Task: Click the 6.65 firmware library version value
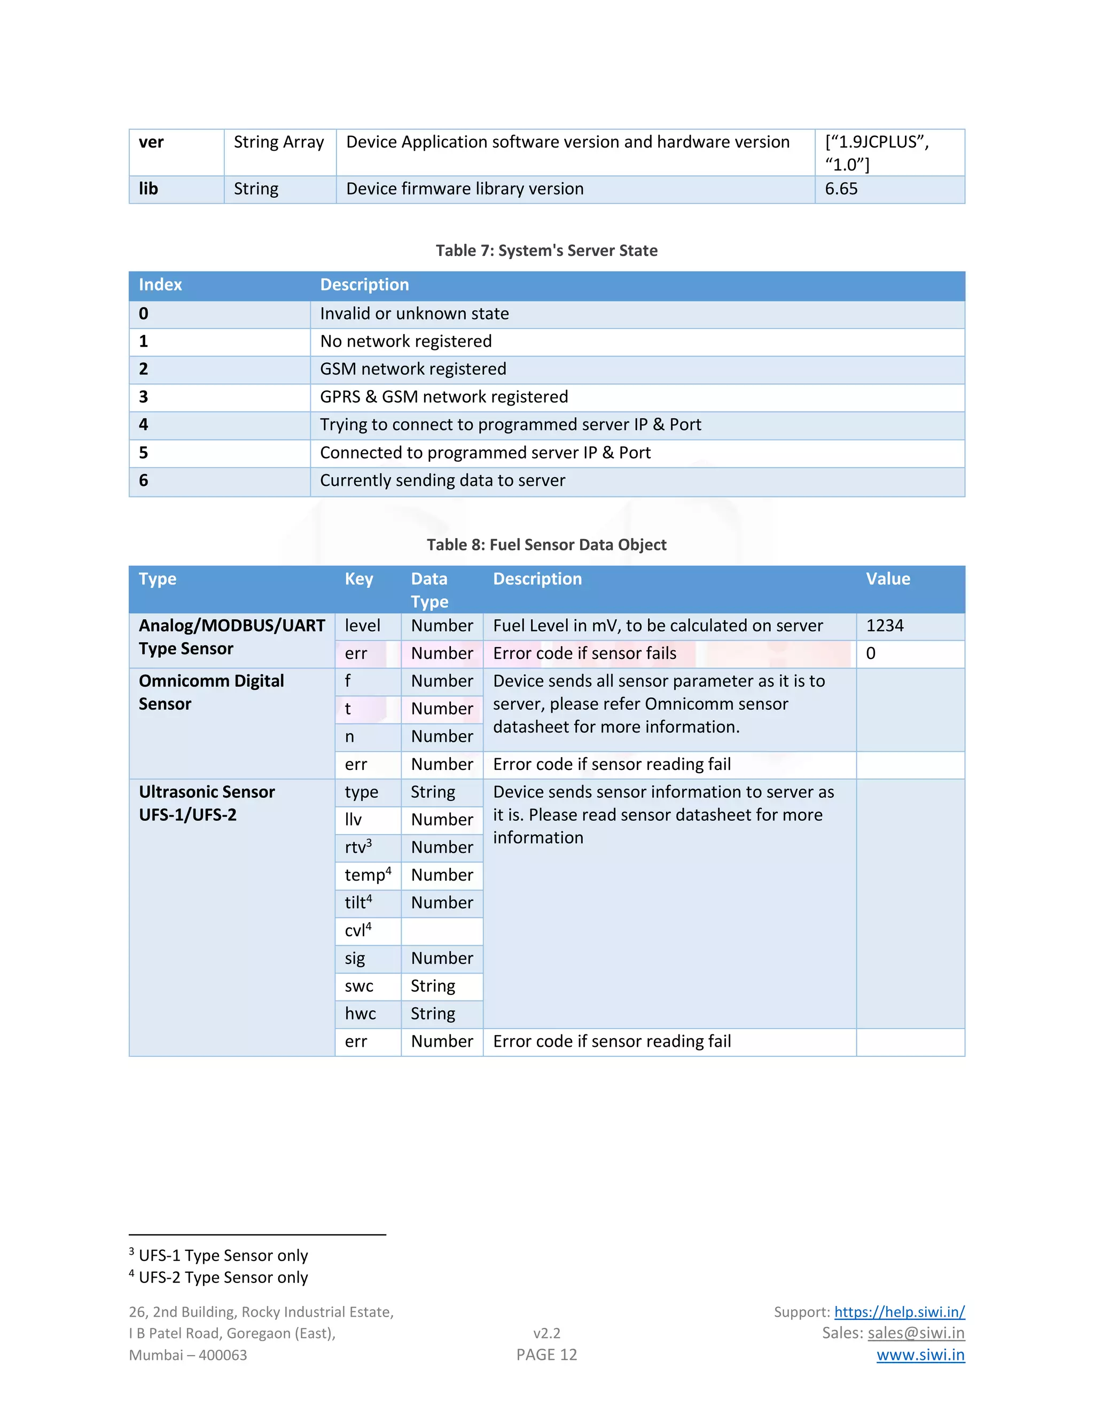point(841,189)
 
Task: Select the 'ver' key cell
point(151,142)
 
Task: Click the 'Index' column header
point(160,285)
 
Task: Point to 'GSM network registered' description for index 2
point(413,369)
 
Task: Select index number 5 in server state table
point(143,453)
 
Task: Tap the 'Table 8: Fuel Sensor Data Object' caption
point(546,544)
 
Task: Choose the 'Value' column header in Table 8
point(888,579)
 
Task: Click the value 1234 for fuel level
point(885,626)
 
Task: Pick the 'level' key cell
point(362,626)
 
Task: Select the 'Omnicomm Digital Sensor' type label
point(212,693)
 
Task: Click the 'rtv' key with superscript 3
point(358,847)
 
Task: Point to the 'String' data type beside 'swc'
point(433,986)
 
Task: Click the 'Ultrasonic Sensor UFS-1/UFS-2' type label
point(207,803)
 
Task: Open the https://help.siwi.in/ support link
point(899,1312)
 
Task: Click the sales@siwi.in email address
point(916,1333)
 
